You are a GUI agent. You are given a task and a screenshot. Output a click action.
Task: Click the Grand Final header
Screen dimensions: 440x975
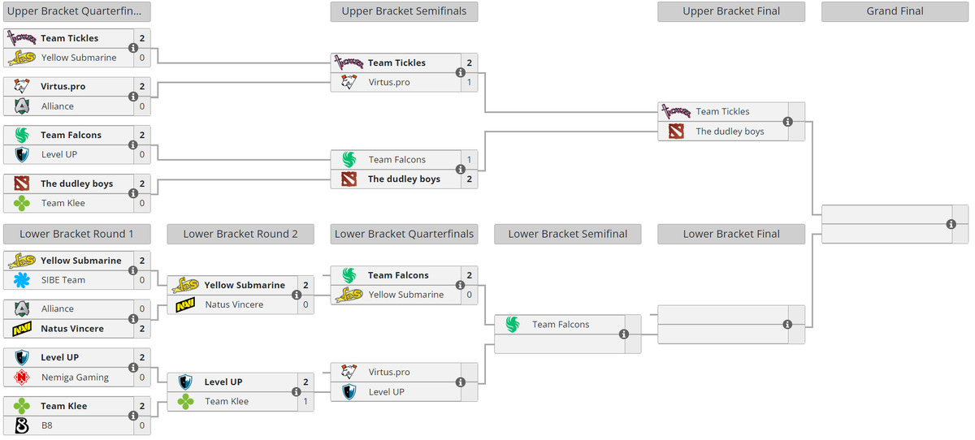click(x=895, y=11)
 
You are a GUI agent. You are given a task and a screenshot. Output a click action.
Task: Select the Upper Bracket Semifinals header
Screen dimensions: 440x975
click(x=404, y=11)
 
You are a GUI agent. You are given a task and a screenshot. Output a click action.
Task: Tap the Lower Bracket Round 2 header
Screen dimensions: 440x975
click(x=240, y=234)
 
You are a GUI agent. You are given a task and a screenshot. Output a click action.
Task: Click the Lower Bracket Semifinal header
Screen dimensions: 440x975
click(x=567, y=234)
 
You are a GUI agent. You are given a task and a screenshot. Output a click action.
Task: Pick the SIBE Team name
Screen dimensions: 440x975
click(x=63, y=280)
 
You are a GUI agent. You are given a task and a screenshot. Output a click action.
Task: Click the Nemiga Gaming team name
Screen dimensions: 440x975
click(x=75, y=377)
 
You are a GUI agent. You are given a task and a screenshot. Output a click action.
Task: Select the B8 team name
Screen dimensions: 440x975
click(x=48, y=425)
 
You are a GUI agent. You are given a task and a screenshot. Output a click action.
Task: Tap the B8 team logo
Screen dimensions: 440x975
click(x=22, y=425)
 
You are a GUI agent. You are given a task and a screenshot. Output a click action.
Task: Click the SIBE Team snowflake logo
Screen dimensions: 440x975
click(x=22, y=280)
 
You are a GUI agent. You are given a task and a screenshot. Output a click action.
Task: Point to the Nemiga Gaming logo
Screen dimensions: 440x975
click(x=22, y=377)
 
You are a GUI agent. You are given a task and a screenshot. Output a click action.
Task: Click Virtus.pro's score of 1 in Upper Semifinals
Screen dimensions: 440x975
click(x=469, y=82)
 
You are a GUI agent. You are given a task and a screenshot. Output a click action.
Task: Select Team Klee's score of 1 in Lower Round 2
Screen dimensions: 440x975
click(x=305, y=401)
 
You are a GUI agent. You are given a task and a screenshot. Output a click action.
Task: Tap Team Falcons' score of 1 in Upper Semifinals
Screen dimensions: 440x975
click(x=469, y=160)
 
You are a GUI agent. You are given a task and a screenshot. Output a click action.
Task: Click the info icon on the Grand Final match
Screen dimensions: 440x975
click(x=951, y=224)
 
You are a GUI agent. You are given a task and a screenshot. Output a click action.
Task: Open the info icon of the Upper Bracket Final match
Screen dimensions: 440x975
click(x=787, y=122)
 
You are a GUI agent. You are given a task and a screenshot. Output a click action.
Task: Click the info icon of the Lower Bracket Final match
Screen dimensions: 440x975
click(x=787, y=325)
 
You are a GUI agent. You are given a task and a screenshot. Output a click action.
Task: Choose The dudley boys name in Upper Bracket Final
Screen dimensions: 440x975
click(x=730, y=132)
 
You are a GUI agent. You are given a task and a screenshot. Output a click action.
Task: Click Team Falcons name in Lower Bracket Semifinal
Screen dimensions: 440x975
click(x=561, y=325)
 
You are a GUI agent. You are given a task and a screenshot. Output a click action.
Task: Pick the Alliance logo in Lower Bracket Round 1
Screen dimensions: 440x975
click(x=22, y=309)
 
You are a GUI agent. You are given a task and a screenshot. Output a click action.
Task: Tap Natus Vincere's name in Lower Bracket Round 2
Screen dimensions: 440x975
click(x=234, y=305)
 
